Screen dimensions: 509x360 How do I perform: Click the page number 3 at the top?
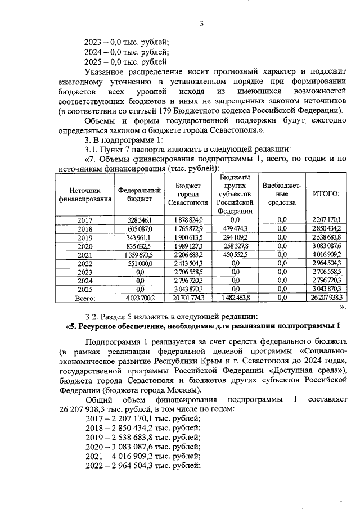click(x=201, y=23)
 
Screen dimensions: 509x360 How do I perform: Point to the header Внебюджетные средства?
click(x=282, y=194)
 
